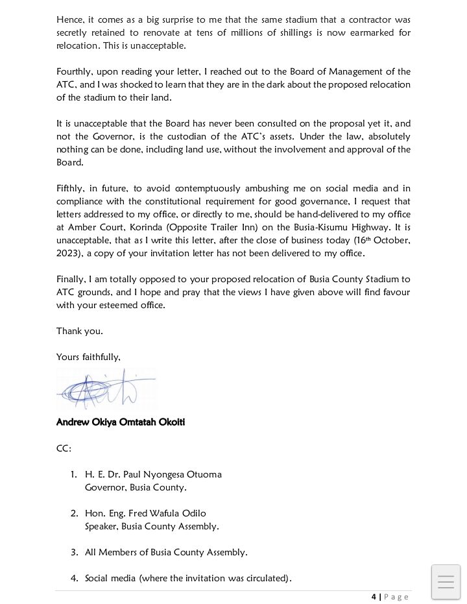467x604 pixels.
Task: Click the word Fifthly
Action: tap(70, 189)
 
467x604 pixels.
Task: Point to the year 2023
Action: tap(68, 254)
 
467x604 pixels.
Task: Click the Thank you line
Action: tap(79, 332)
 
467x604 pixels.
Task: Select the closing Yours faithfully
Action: tap(88, 357)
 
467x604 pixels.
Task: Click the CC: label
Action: tap(64, 448)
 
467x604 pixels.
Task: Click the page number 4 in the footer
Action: tap(374, 597)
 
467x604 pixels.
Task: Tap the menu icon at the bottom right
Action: tap(446, 581)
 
